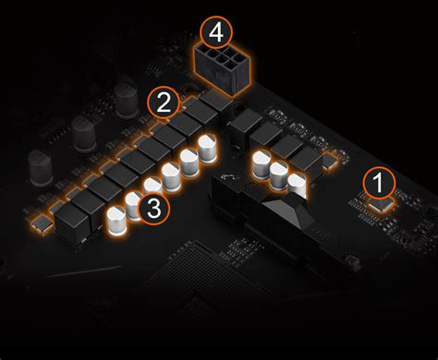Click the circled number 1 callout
pos(379,181)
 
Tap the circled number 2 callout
pos(164,102)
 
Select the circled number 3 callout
pos(153,209)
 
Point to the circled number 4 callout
pos(216,32)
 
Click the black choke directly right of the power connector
pos(248,126)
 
